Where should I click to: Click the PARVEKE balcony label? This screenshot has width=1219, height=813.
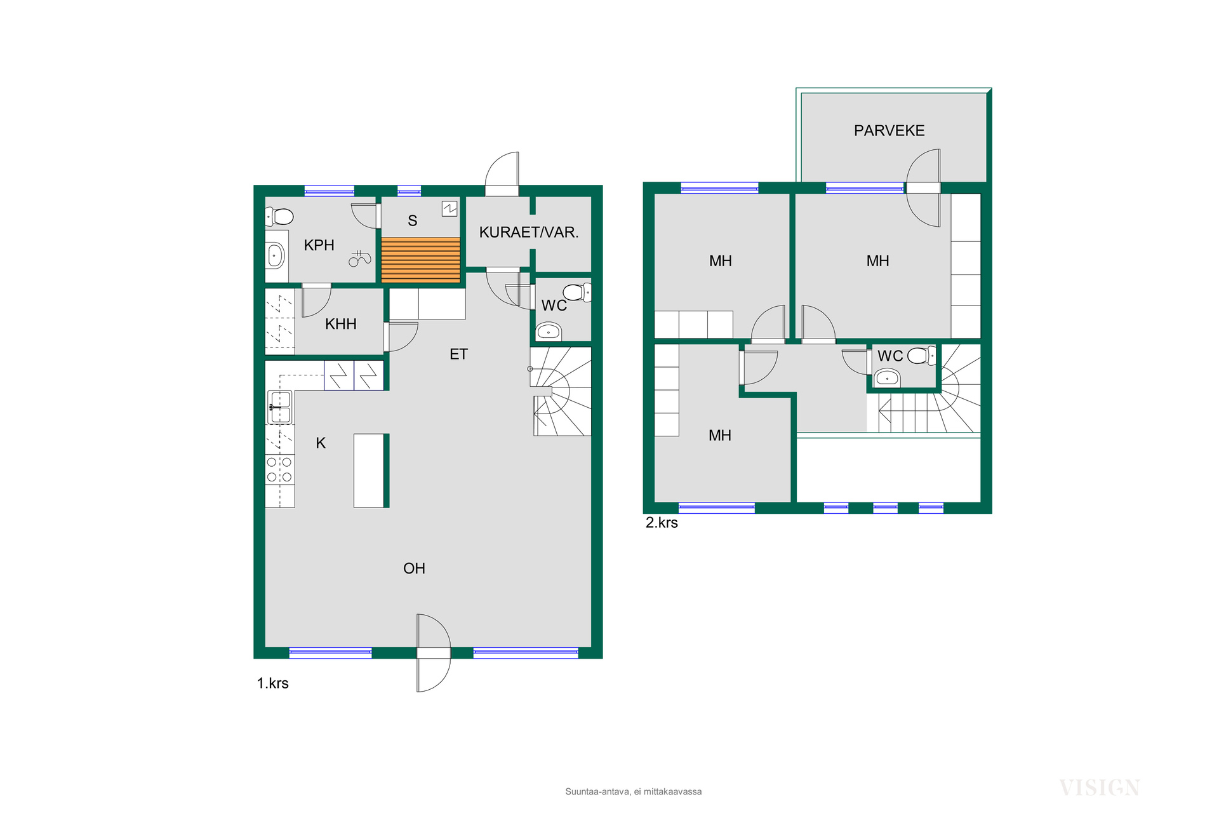[889, 131]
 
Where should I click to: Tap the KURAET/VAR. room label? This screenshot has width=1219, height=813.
[529, 232]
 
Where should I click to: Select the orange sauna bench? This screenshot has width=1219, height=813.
[420, 260]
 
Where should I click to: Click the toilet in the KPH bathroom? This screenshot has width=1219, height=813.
[279, 217]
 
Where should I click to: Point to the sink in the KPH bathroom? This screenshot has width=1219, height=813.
[276, 256]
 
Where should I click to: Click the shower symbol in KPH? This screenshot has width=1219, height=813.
[359, 258]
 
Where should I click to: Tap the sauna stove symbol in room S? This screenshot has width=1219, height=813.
[450, 208]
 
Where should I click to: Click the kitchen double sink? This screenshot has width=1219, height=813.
[280, 407]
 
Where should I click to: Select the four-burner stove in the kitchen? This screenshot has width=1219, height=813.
[279, 470]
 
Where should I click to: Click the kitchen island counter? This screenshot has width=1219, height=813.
[369, 471]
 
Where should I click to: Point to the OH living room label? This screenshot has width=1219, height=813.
[414, 568]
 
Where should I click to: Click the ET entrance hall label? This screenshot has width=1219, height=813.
[458, 354]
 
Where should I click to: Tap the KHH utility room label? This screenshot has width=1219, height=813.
[341, 324]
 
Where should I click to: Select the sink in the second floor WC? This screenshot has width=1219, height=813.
[887, 379]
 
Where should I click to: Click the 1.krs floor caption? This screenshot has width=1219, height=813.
[273, 683]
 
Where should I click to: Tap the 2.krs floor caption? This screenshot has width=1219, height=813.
[662, 523]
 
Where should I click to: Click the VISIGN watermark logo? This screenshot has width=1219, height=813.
[1100, 788]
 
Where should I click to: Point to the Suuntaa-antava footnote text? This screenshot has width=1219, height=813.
[634, 792]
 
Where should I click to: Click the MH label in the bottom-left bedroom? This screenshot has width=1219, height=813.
[720, 436]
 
